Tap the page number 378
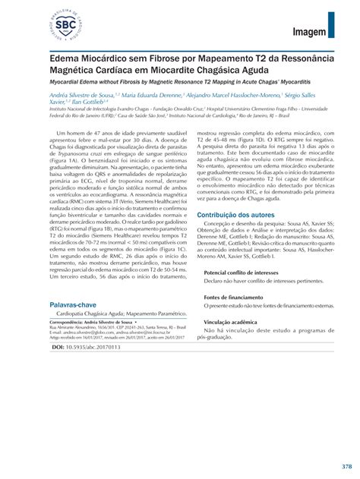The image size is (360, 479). coord(346,465)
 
